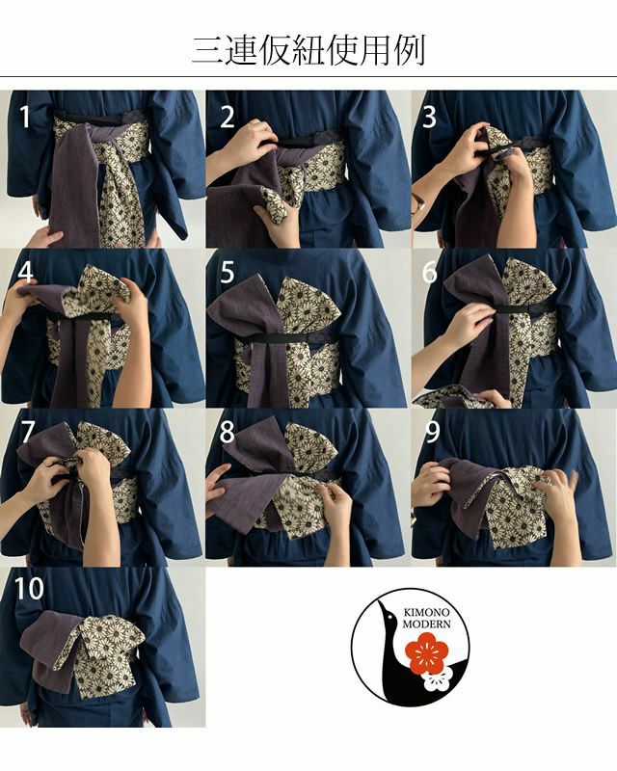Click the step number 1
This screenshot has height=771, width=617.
pos(25,117)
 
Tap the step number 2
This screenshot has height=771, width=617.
pos(228,117)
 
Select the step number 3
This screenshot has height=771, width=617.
pos(430,117)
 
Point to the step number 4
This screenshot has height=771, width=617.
pos(26,272)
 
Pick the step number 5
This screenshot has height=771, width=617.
pos(228,272)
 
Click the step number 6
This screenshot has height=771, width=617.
pos(430,272)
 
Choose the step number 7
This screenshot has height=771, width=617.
pos(27,431)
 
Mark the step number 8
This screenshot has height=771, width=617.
pos(228,431)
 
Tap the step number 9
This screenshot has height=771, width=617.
pos(433,431)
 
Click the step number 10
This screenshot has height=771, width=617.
pos(29,588)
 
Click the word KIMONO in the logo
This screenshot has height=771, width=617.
pos(426,613)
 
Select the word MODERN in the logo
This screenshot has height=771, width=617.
pos(426,625)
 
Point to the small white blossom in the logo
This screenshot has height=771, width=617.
pos(435,680)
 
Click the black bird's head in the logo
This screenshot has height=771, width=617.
pos(387,611)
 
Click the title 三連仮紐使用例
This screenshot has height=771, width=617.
pos(308,50)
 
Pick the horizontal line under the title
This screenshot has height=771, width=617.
pos(308,77)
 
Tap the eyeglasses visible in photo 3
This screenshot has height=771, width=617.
pos(419,201)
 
